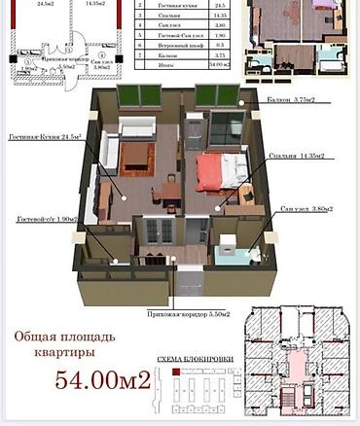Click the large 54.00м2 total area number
(x=102, y=381)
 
